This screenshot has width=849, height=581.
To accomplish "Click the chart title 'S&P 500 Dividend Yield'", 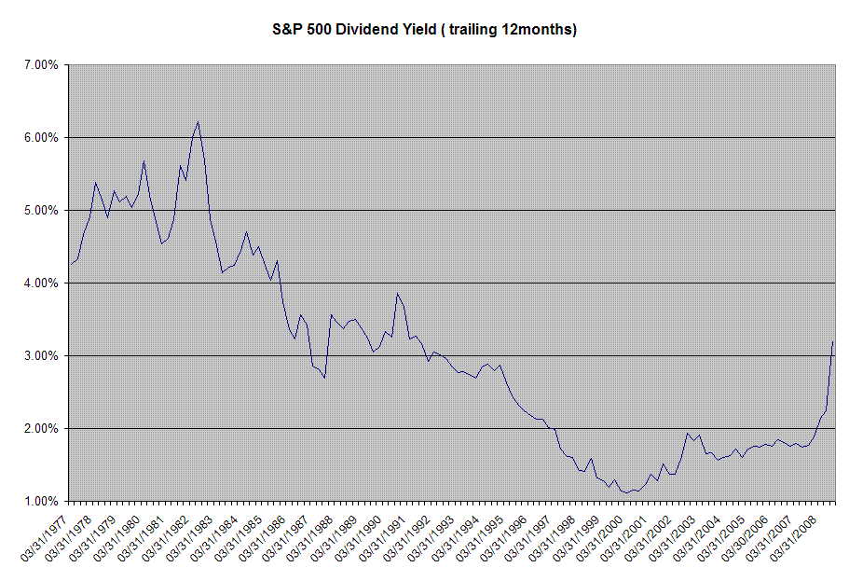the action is pyautogui.click(x=354, y=29).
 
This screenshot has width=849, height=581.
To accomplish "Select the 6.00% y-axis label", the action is pyautogui.click(x=41, y=138).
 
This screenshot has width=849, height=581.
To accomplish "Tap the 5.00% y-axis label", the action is pyautogui.click(x=41, y=210).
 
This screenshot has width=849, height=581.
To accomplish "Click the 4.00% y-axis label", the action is pyautogui.click(x=41, y=283).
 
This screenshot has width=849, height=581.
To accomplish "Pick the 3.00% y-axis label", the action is pyautogui.click(x=41, y=355).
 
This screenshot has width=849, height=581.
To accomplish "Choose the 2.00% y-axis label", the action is pyautogui.click(x=41, y=429).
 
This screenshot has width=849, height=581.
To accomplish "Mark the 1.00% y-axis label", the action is pyautogui.click(x=41, y=502).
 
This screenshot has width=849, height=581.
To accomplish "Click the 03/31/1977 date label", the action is pyautogui.click(x=45, y=538).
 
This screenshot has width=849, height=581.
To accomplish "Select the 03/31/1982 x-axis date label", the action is pyautogui.click(x=165, y=538).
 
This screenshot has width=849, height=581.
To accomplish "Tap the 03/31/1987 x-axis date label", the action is pyautogui.click(x=286, y=538).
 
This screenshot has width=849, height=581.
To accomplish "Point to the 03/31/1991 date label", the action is pyautogui.click(x=382, y=538).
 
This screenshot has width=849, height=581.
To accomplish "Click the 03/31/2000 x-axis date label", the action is pyautogui.click(x=599, y=538).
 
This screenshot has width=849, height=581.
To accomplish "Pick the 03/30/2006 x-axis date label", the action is pyautogui.click(x=745, y=538).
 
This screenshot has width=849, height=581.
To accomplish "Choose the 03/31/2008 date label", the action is pyautogui.click(x=793, y=538).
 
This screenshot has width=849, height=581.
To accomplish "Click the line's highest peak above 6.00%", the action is pyautogui.click(x=199, y=122).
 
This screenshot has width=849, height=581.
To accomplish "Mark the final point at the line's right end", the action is pyautogui.click(x=833, y=341).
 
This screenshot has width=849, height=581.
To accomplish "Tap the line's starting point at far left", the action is pyautogui.click(x=71, y=264).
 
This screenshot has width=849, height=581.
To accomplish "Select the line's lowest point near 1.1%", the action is pyautogui.click(x=627, y=492).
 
